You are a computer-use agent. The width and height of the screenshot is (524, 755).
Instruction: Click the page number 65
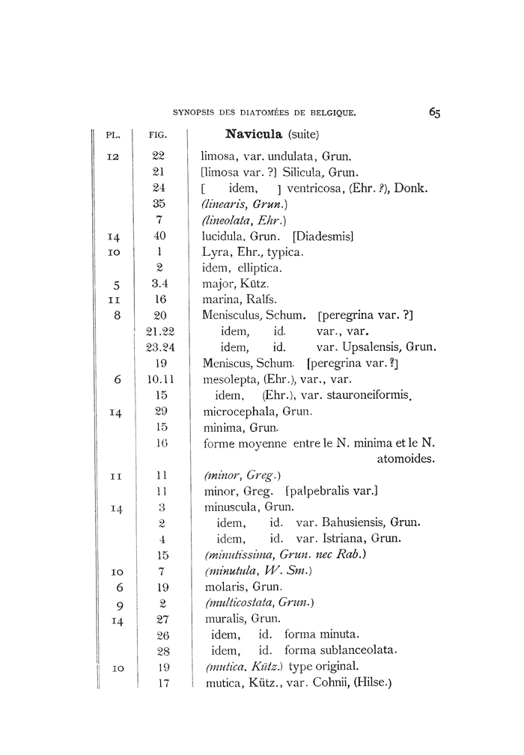(x=435, y=112)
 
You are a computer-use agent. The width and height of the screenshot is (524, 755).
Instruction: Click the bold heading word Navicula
(x=254, y=135)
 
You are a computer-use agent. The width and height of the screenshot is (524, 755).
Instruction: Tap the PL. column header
(x=113, y=136)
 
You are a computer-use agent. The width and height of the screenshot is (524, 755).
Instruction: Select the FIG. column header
(x=157, y=136)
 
